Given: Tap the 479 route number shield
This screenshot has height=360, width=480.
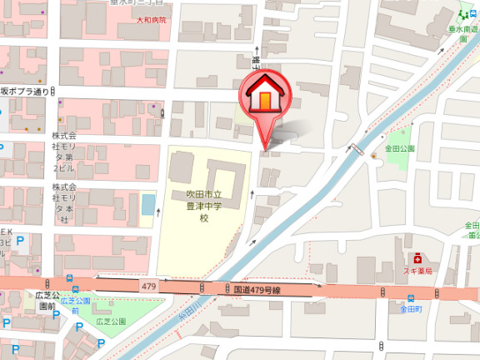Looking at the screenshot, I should point(150,287).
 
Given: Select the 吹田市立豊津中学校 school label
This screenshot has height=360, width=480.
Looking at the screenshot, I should point(202,206).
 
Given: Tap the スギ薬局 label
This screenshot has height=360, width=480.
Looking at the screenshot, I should point(417,272).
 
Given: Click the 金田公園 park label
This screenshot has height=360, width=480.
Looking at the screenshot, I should point(399,148).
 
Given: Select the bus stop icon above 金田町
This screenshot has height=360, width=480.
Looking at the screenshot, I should point(412,298).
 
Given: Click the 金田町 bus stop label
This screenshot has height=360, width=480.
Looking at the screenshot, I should point(412,309).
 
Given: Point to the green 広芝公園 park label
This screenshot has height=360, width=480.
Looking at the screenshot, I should point(110,322).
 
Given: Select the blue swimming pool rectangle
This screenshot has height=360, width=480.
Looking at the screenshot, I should point(148,203).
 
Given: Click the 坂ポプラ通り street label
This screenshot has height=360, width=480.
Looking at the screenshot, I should point(25,91).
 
